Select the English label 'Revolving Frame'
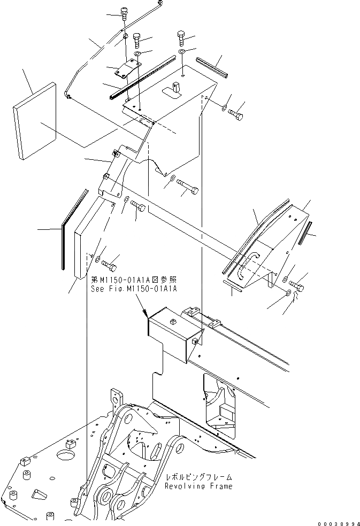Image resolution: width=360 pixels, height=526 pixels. tap(198, 486)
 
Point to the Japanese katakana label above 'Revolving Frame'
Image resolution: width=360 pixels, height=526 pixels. tap(198, 477)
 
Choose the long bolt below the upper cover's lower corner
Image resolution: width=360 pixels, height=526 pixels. tap(188, 188)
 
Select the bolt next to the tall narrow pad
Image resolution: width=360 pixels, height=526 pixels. tap(110, 264)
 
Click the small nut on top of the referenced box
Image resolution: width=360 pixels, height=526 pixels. tap(173, 322)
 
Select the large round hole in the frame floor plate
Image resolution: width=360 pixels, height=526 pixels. tap(65, 455)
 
